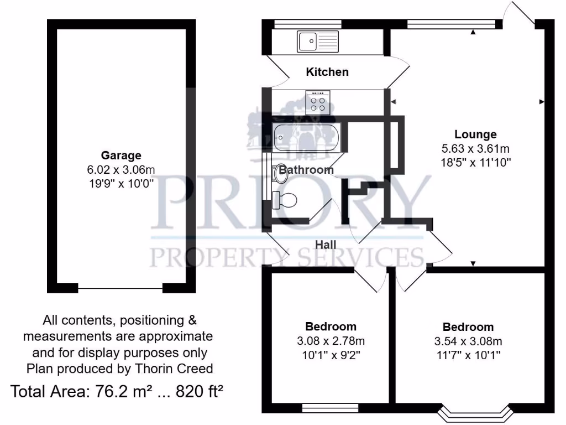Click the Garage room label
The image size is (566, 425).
point(120,156)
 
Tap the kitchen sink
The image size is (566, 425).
point(318,41)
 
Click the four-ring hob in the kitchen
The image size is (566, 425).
point(318,103)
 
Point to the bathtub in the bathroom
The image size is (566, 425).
point(307,137)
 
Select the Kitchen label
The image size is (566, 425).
point(328,72)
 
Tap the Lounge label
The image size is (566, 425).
point(475,134)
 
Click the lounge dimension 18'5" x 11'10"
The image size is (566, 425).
point(475,162)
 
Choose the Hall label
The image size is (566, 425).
point(326,244)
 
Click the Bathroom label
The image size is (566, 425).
point(306,170)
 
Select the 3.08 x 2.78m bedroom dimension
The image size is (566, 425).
point(331,340)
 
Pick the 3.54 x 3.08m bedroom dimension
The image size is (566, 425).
point(468,340)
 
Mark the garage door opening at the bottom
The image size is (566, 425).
point(120,288)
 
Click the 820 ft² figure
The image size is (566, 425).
point(200,392)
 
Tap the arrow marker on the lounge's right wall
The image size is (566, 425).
point(541,102)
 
